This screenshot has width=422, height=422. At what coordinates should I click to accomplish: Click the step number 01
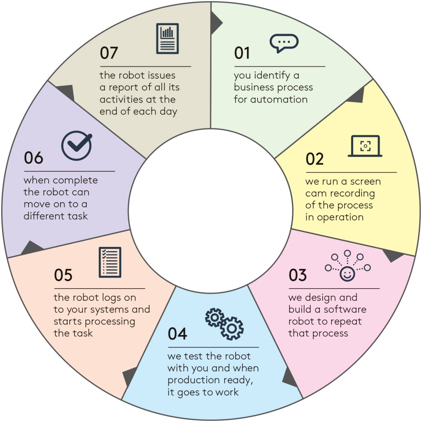coord(242,53)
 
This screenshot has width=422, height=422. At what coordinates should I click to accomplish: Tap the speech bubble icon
coord(284,43)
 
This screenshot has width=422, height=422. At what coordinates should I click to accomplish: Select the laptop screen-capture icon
coord(365,146)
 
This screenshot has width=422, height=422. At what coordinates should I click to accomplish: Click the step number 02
coord(314,159)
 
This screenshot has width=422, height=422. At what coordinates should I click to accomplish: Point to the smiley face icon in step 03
coord(347,274)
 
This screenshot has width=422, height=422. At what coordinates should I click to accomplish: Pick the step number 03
coord(298,275)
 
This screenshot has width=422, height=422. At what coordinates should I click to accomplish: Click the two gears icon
coord(224,324)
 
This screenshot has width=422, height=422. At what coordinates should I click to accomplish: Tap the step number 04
coord(177,334)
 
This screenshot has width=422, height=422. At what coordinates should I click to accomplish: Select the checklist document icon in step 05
coord(110,262)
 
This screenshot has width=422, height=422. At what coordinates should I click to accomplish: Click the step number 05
coord(63,275)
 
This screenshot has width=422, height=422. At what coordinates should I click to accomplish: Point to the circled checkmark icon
coord(77,145)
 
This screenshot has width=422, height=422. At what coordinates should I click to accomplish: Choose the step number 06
coord(33,158)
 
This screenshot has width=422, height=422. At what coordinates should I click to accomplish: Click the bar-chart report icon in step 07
coord(167,38)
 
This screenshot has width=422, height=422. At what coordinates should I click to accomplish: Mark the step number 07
coord(109,53)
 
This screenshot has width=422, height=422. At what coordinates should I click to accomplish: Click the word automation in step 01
coord(279,99)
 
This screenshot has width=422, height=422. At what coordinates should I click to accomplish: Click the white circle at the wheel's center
coord(211,211)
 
